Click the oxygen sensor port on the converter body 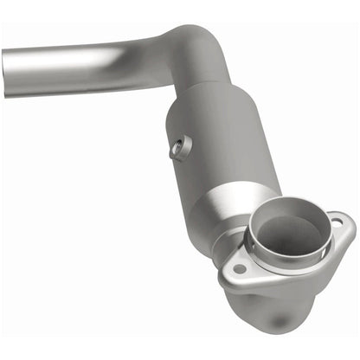(179, 148)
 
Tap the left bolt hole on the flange (239, 269)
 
